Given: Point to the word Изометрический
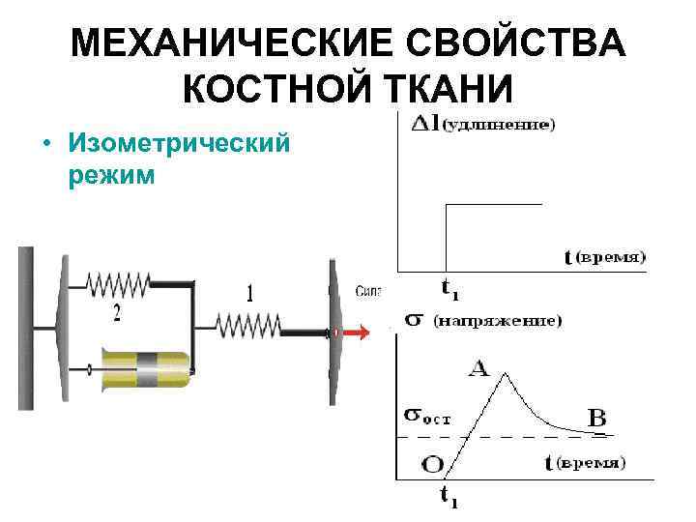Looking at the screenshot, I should coord(179,144).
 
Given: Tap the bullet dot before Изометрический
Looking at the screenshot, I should coord(45,145).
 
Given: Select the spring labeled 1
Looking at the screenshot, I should coord(248,324).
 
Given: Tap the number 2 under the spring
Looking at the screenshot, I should coord(117,312).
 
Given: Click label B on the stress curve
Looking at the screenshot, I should coord(597,420).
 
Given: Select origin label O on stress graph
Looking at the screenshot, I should coord(433,464).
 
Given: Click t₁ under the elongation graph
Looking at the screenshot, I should coord(449,288).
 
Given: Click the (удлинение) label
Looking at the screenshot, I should coord(497,125).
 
